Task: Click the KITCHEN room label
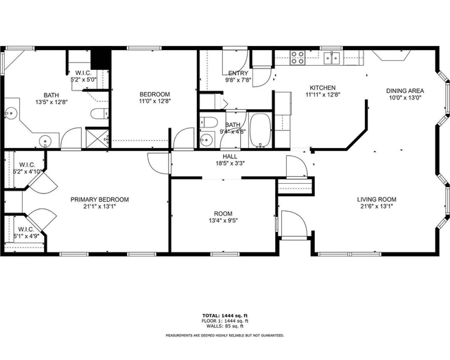[x=322, y=88]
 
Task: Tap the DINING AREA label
[x=405, y=91]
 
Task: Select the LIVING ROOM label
[x=377, y=200]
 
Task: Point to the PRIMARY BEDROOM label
[x=99, y=200]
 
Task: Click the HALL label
[x=230, y=156]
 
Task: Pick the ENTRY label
[x=238, y=73]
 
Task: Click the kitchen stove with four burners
[x=297, y=58]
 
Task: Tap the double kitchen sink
[x=332, y=58]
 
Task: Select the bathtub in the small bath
[x=260, y=130]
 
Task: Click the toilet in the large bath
[x=99, y=114]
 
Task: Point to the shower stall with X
[x=97, y=139]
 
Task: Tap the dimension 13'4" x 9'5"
[x=223, y=221]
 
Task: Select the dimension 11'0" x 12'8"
[x=155, y=101]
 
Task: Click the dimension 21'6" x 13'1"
[x=377, y=206]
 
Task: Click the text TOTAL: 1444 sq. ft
[x=225, y=316]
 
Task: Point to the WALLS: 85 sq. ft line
[x=225, y=326]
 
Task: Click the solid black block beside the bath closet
[x=101, y=60]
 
